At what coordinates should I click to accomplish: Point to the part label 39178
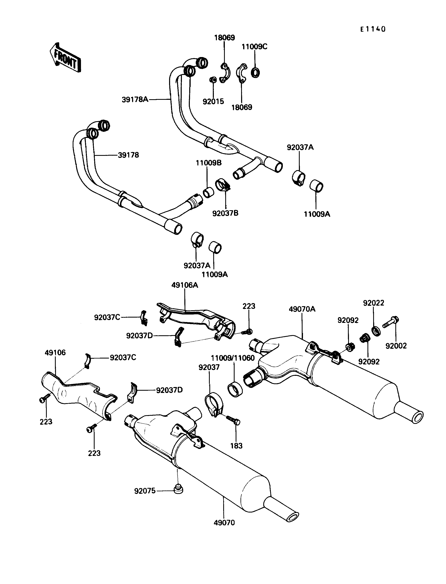(128, 155)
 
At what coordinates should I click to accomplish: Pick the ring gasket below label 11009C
(255, 72)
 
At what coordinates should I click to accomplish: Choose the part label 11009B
(209, 163)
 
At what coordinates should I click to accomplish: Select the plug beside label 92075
(178, 489)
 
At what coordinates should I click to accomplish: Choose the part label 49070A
(302, 309)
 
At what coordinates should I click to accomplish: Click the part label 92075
(145, 491)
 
